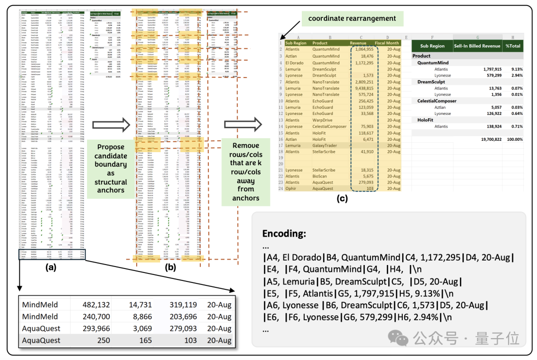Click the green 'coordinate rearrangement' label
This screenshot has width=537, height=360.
pos(352,18)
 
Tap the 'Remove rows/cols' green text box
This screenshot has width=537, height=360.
pos(246,172)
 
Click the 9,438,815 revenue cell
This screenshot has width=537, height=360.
pos(362,89)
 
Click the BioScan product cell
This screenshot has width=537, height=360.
pos(323,177)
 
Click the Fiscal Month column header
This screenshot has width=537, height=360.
pos(387,43)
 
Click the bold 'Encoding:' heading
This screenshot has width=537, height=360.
pos(284,234)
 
